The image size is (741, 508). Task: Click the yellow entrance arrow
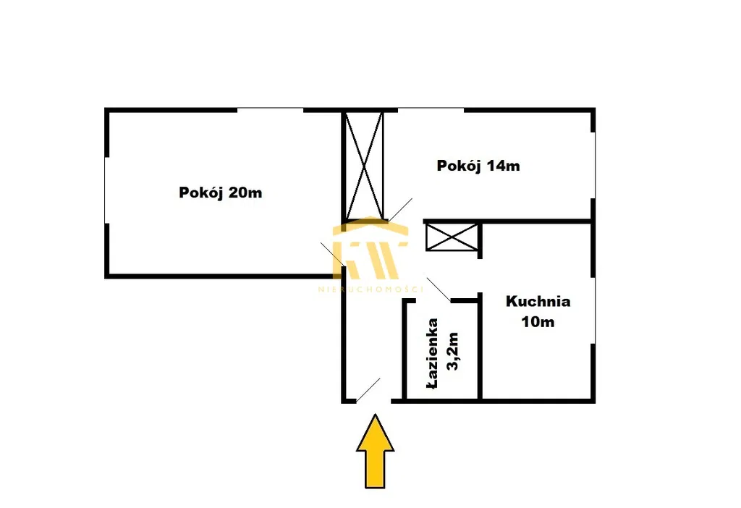coord(375,452)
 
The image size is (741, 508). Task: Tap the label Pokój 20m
coord(220,192)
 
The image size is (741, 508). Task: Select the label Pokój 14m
coord(478,166)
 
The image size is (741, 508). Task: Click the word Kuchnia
coord(538,301)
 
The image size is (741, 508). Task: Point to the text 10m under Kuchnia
coord(538,322)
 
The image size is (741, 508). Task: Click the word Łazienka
coord(432,353)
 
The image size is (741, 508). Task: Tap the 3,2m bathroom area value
coord(453,352)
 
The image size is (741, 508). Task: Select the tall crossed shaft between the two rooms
coord(363,166)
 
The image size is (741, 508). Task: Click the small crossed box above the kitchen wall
coord(452,237)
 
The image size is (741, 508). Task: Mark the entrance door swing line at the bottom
coord(368,390)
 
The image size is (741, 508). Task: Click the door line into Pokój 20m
coord(333,254)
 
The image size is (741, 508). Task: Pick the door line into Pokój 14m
coord(400,209)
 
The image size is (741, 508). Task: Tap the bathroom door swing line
coord(439,289)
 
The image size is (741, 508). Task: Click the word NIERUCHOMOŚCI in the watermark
coord(370,289)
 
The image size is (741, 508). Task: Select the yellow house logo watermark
coord(370,248)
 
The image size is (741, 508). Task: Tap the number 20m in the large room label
coord(245,192)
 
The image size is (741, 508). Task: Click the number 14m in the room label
coord(504,166)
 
